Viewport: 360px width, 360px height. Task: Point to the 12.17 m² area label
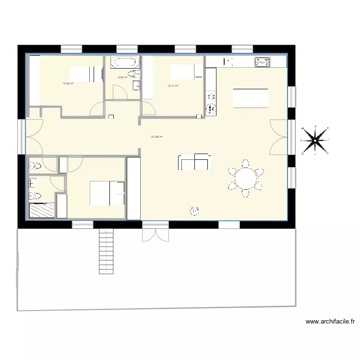click(173, 86)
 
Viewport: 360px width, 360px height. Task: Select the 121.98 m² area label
click(156, 137)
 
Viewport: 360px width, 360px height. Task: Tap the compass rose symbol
click(315, 140)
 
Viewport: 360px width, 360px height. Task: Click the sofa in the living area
click(194, 162)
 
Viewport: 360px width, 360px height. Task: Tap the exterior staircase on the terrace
click(106, 251)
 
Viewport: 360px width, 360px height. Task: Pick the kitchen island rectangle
click(251, 99)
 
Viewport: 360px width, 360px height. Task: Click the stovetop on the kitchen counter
click(262, 61)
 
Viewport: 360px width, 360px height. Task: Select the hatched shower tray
click(42, 210)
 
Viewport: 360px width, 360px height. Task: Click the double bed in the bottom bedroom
click(108, 192)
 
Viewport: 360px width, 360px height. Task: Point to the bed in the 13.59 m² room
click(87, 74)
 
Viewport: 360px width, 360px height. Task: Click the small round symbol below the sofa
click(194, 210)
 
